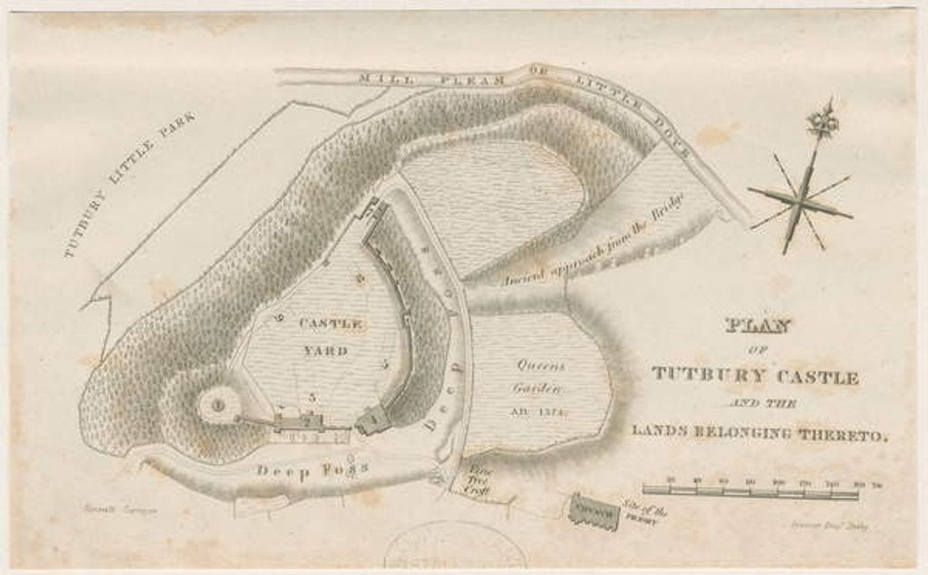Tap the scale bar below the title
tap(750, 494)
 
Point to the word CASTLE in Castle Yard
tap(331, 323)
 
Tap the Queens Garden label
tap(541, 378)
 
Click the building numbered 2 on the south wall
tap(308, 421)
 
